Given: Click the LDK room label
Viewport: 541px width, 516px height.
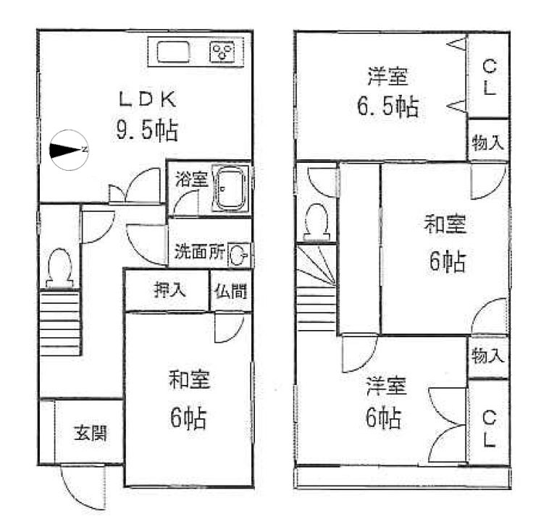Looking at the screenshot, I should click(x=144, y=99).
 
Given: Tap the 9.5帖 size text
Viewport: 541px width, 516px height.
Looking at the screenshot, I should click(x=147, y=130).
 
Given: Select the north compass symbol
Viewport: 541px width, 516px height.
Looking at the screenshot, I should click(x=69, y=149).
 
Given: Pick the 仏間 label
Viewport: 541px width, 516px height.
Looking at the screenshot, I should click(x=230, y=290).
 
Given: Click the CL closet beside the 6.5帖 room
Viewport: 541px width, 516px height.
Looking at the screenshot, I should click(x=488, y=78).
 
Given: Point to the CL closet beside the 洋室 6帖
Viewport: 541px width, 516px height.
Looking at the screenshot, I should click(x=488, y=428).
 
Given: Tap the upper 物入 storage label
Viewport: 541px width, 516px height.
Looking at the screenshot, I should click(x=487, y=143).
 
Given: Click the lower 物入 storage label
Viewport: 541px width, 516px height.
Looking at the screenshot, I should click(x=487, y=356).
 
